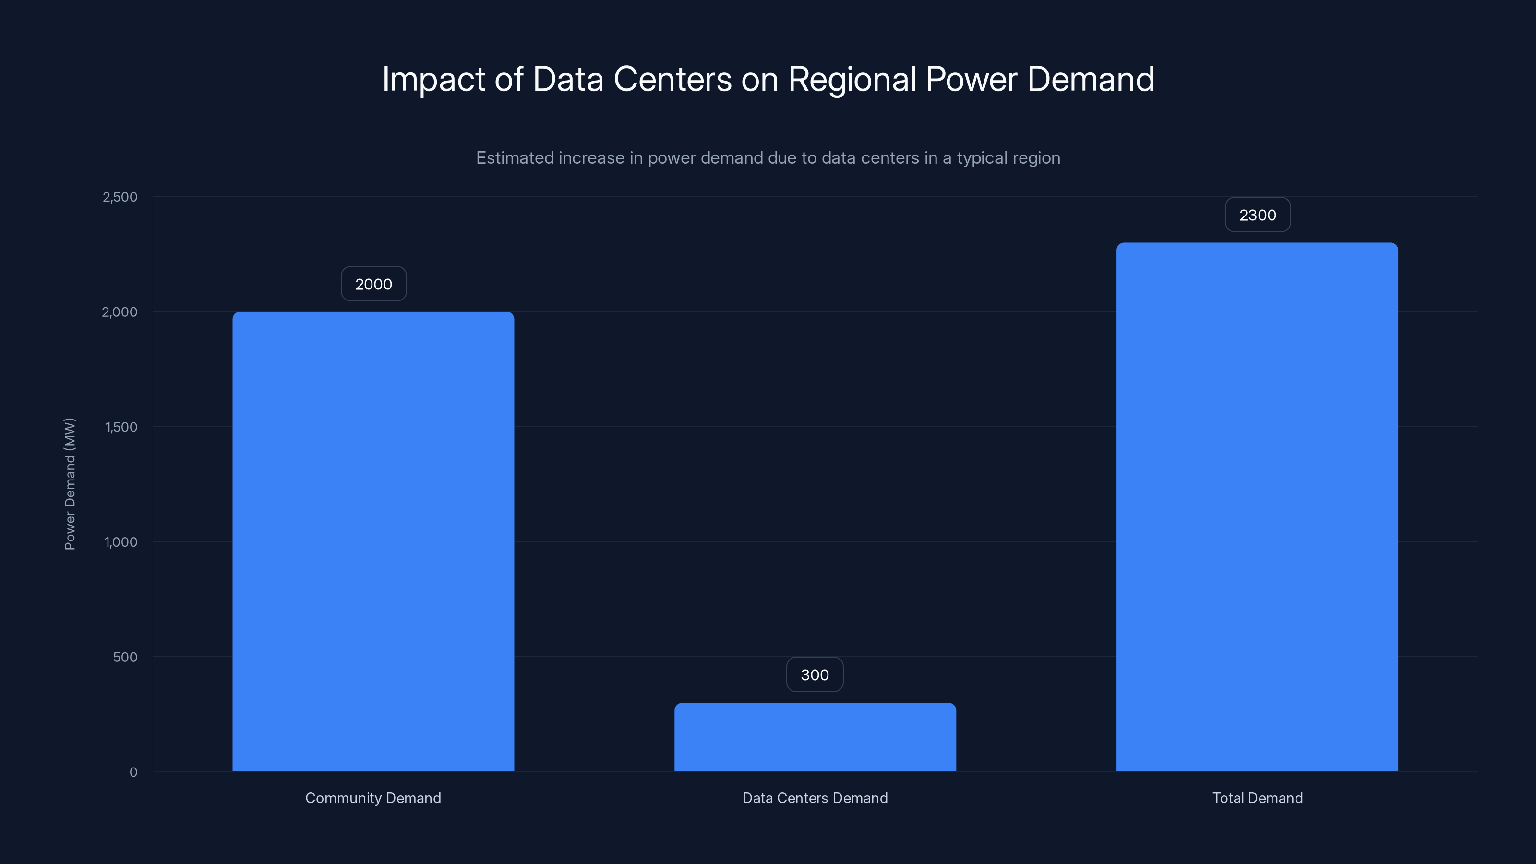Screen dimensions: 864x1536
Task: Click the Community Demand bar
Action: [x=373, y=541]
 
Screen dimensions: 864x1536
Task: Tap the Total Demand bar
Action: [x=1257, y=507]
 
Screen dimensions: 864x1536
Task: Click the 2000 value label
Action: [x=374, y=284]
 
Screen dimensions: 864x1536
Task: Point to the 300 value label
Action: [x=815, y=675]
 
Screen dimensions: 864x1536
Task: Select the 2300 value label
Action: [x=1258, y=215]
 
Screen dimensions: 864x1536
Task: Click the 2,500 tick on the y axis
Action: [x=120, y=197]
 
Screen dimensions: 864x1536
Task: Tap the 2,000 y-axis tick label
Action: [x=120, y=312]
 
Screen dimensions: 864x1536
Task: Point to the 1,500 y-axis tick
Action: [x=121, y=427]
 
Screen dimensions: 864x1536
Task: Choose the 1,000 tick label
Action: [x=121, y=542]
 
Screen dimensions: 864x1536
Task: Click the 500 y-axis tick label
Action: [x=125, y=657]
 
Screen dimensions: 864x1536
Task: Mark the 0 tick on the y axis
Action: [x=133, y=772]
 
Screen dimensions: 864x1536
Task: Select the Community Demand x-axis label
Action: [x=373, y=798]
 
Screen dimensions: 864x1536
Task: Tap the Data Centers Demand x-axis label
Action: [x=815, y=798]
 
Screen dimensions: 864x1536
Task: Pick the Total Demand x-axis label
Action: [x=1258, y=798]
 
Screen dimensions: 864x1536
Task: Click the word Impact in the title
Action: [x=433, y=80]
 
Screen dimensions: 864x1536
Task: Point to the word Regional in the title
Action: [x=852, y=80]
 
